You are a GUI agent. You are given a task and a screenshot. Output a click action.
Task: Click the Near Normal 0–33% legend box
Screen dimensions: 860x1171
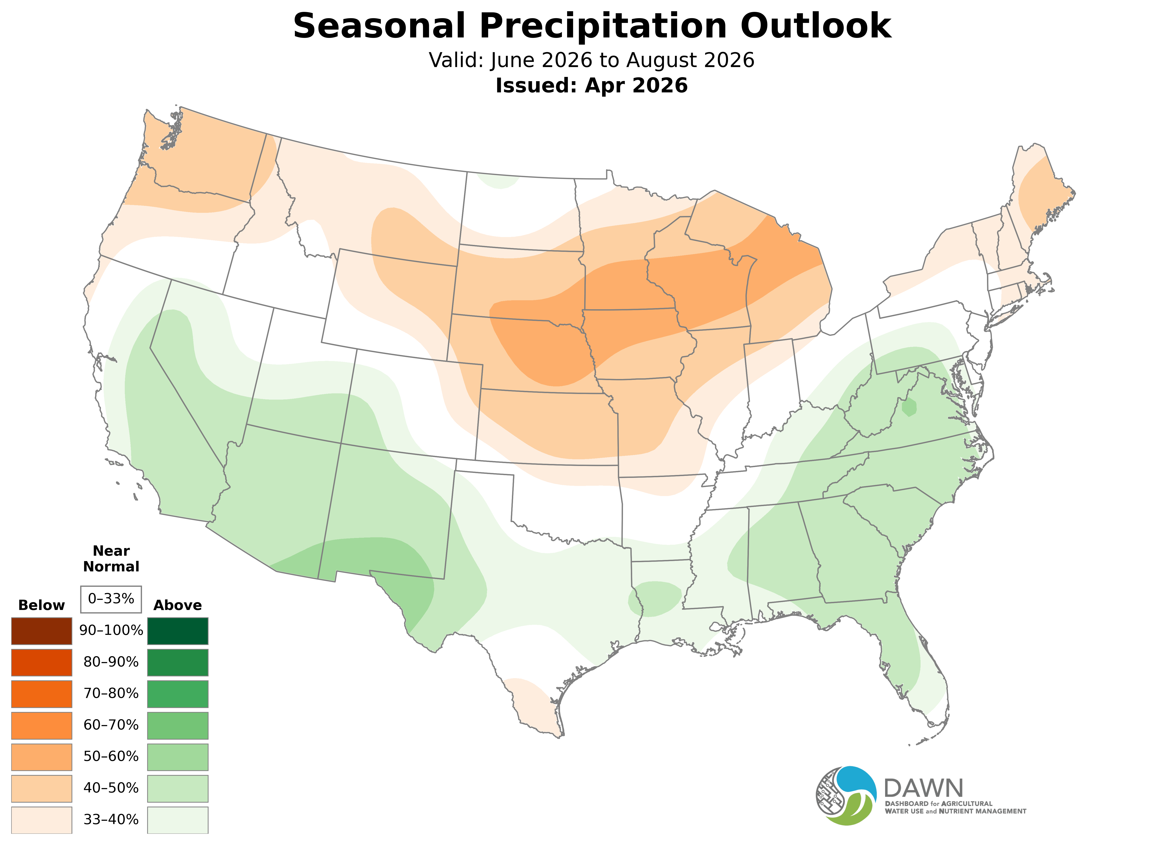click(111, 599)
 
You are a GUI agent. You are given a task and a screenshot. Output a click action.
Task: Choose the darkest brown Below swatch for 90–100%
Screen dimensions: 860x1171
click(42, 631)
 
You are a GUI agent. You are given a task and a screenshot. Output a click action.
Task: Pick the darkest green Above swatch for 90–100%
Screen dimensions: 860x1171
click(178, 631)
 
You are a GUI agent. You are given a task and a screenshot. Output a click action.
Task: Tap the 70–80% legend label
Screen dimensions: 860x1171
click(111, 693)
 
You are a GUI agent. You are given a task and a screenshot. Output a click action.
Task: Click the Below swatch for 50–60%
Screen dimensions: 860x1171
click(42, 756)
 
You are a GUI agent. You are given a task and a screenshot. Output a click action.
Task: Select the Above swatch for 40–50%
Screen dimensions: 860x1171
click(178, 788)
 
